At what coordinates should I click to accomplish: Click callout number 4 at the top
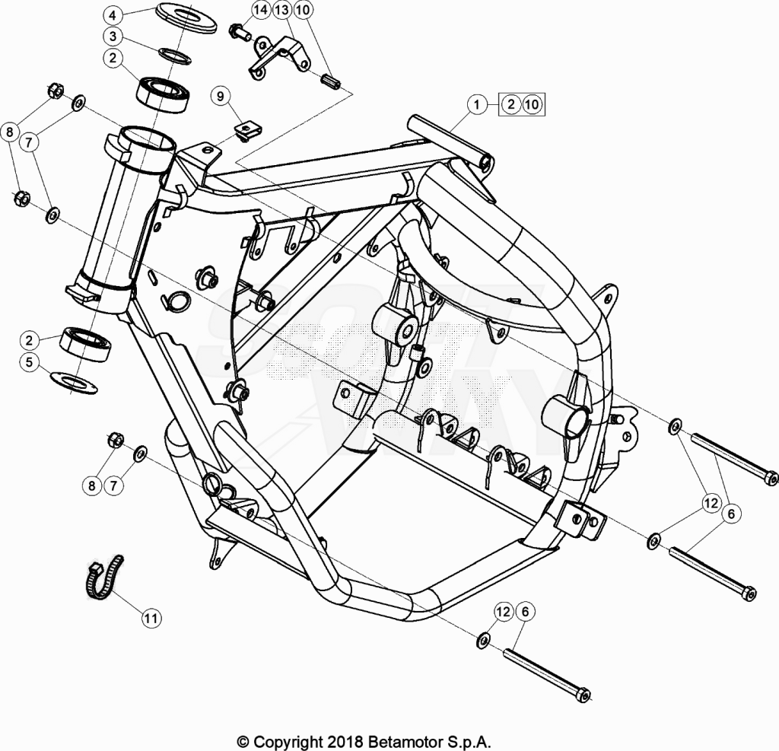pyautogui.click(x=113, y=15)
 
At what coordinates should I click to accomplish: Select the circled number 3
pyautogui.click(x=113, y=37)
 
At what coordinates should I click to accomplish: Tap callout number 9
pyautogui.click(x=221, y=96)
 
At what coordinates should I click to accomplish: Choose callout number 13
pyautogui.click(x=281, y=9)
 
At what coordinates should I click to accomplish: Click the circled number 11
pyautogui.click(x=151, y=619)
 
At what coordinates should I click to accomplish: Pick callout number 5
pyautogui.click(x=30, y=362)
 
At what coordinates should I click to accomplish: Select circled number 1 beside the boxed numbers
pyautogui.click(x=477, y=104)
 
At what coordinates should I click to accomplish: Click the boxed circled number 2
pyautogui.click(x=510, y=104)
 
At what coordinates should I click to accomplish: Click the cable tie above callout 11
pyautogui.click(x=103, y=578)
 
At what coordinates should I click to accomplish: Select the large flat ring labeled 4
pyautogui.click(x=186, y=18)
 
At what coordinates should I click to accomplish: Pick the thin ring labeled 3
pyautogui.click(x=176, y=56)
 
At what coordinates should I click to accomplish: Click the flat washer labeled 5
pyautogui.click(x=74, y=382)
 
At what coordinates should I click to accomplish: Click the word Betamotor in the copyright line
pyautogui.click(x=405, y=742)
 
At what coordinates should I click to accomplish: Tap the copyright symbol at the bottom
pyautogui.click(x=243, y=743)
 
